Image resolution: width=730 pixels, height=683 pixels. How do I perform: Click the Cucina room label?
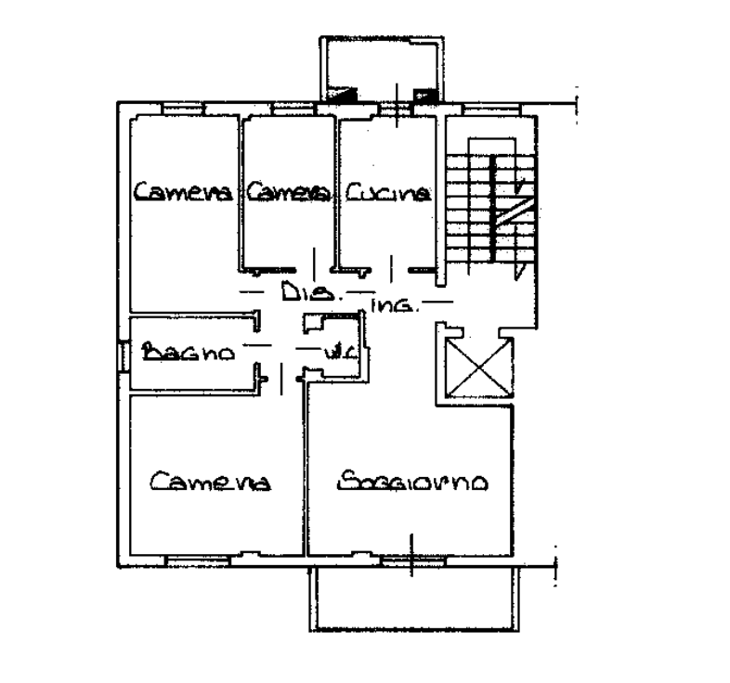click(388, 193)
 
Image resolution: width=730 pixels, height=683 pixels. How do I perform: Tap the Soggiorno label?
click(412, 481)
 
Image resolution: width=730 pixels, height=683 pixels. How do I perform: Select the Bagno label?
click(189, 353)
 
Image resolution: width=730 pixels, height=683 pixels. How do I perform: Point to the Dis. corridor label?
click(308, 292)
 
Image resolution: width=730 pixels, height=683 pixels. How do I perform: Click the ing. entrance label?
click(395, 305)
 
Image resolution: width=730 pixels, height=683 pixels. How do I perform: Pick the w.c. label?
click(340, 353)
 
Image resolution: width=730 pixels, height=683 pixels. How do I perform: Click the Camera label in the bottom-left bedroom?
click(210, 481)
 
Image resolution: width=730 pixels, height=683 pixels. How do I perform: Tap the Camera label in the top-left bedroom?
click(183, 191)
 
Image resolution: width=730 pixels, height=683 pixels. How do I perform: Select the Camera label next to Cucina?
click(289, 192)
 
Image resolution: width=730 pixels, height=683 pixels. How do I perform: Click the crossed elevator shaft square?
click(479, 368)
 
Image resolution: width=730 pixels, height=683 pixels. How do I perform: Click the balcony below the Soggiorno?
click(414, 599)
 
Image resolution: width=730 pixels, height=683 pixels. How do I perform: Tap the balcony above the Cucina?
click(382, 69)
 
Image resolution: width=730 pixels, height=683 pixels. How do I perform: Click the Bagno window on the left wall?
click(124, 356)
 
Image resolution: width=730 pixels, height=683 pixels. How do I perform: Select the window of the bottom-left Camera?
click(199, 561)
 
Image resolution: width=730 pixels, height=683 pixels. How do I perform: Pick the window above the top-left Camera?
click(183, 109)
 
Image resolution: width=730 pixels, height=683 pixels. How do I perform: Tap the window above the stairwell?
click(492, 110)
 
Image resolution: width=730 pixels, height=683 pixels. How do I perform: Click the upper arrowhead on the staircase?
click(521, 186)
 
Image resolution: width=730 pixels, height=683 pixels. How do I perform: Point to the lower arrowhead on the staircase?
click(519, 271)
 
